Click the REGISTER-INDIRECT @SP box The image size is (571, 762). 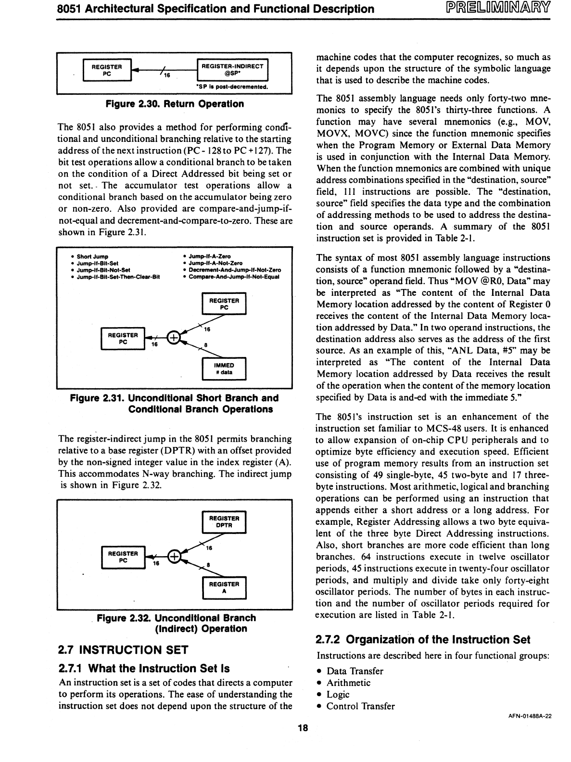click(232, 70)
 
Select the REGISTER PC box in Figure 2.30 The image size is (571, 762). click(107, 70)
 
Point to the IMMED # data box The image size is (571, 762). click(224, 368)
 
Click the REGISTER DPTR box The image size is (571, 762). click(224, 521)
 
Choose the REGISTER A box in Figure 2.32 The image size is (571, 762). click(224, 587)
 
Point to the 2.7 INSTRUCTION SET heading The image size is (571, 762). click(123, 650)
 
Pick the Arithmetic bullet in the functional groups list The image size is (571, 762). click(348, 683)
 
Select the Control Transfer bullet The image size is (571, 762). click(360, 706)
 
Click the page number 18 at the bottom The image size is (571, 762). click(303, 728)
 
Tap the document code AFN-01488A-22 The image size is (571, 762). click(530, 716)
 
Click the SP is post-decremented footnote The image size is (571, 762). click(232, 87)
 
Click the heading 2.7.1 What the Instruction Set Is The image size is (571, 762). click(144, 668)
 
